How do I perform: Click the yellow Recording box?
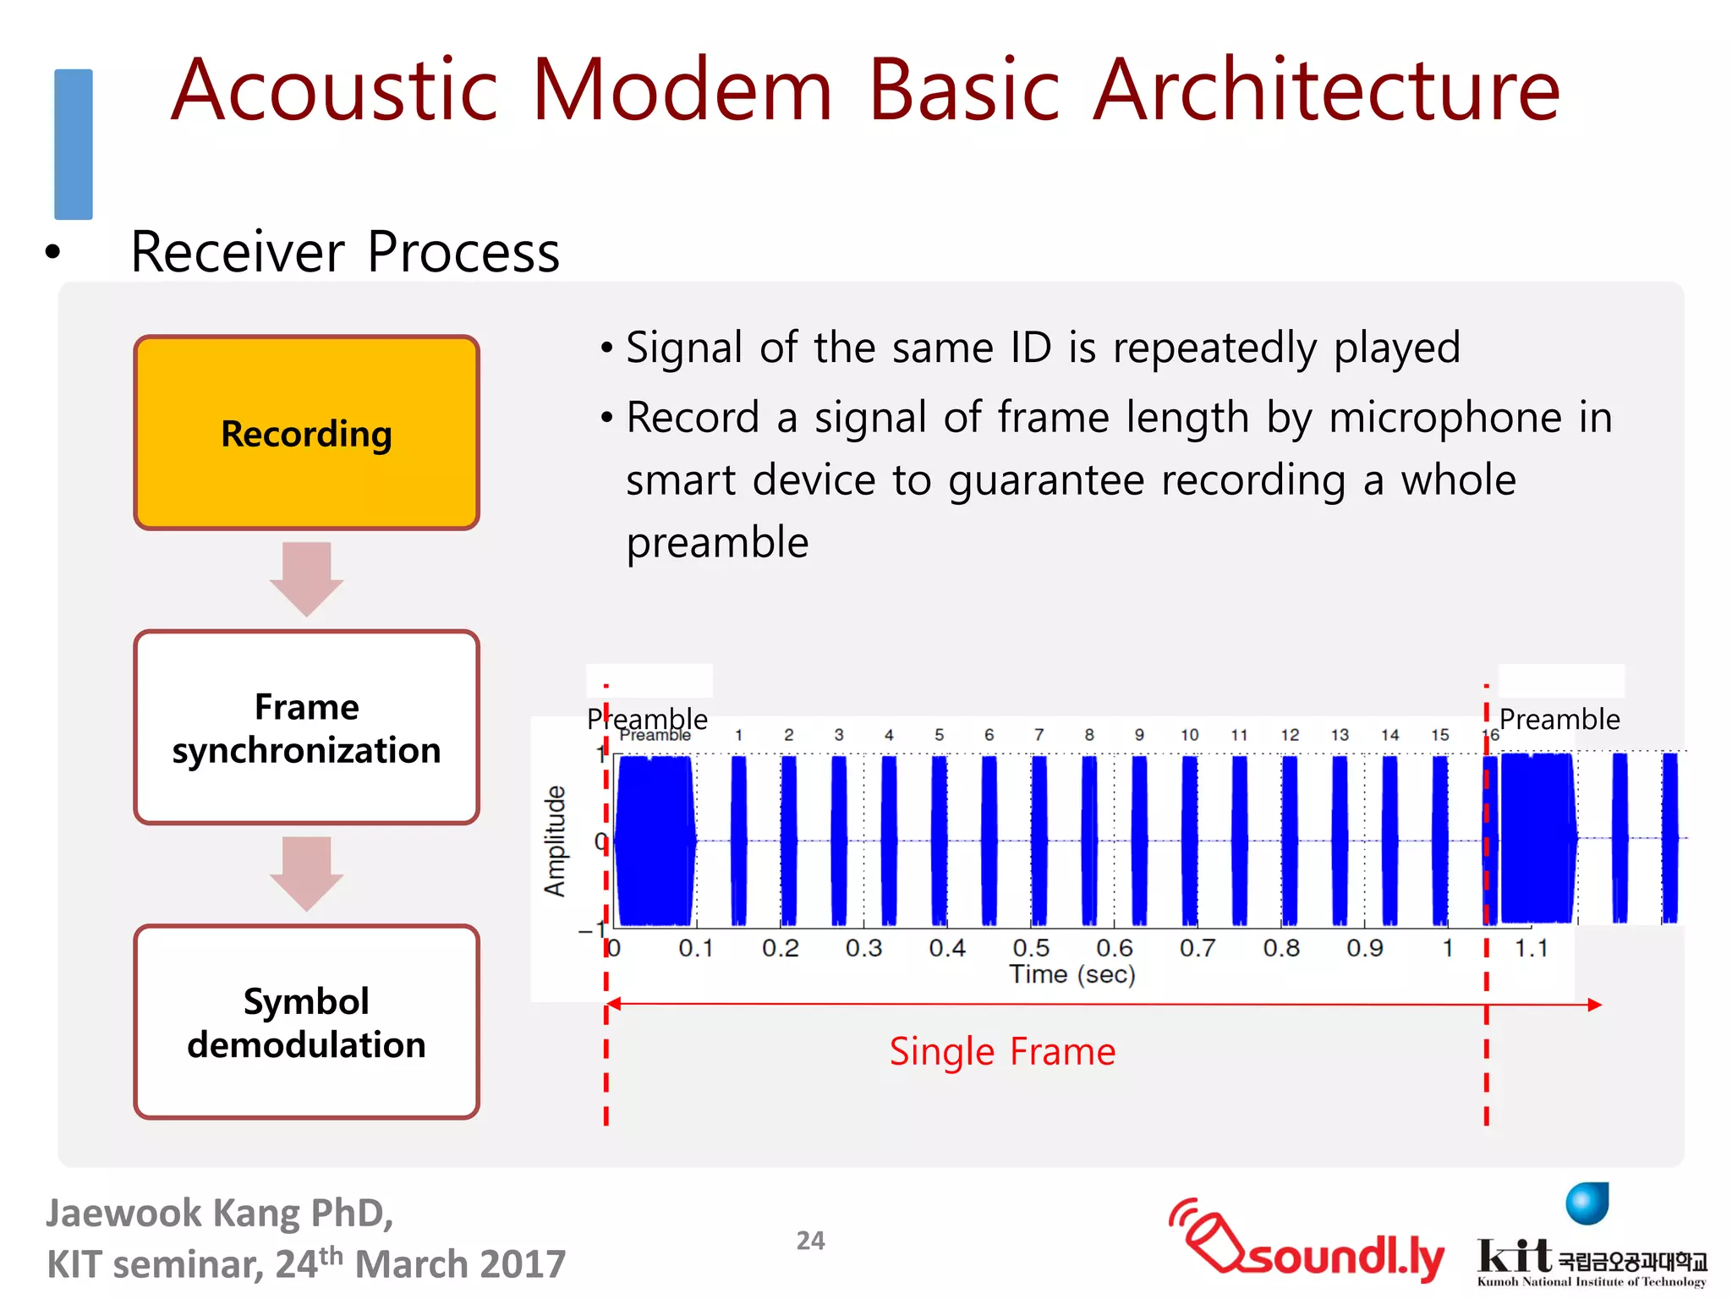[306, 433]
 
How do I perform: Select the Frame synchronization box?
[306, 727]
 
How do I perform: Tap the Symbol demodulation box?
[306, 1022]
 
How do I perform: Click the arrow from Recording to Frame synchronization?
[306, 578]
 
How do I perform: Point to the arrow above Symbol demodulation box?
[306, 873]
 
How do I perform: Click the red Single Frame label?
[1002, 1051]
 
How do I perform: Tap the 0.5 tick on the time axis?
[1031, 948]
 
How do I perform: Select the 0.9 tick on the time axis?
[1365, 948]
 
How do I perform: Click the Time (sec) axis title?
[1072, 974]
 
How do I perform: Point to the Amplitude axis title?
[554, 841]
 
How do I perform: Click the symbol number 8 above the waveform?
[1089, 735]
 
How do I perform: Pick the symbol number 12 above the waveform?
[1289, 735]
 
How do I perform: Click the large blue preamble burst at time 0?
[654, 841]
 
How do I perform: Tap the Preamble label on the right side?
[1559, 720]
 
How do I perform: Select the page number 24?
[810, 1241]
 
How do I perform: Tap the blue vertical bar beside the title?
[74, 144]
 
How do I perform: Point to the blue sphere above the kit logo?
[1587, 1203]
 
